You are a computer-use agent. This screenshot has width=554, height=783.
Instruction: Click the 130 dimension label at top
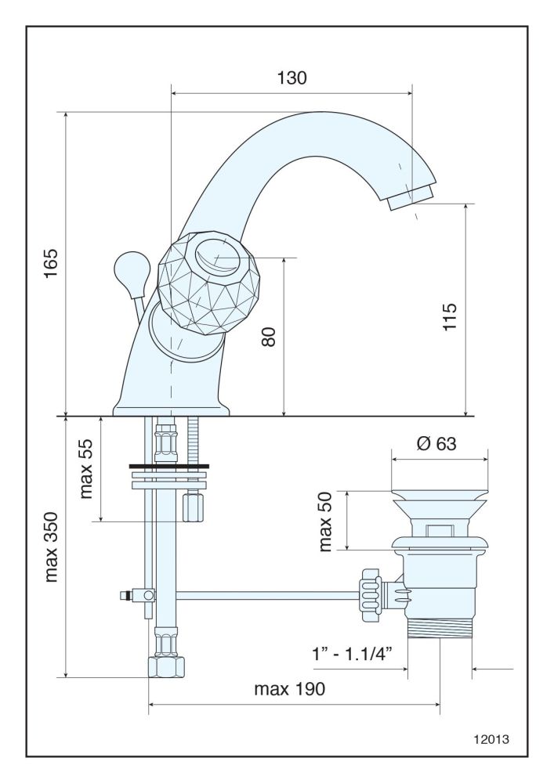[x=291, y=78]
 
